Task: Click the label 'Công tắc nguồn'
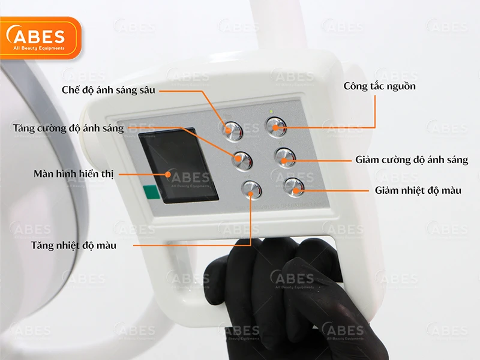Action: pyautogui.click(x=379, y=86)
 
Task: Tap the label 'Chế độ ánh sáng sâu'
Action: pyautogui.click(x=109, y=90)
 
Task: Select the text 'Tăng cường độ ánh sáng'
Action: pyautogui.click(x=68, y=128)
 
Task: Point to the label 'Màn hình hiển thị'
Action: pyautogui.click(x=73, y=174)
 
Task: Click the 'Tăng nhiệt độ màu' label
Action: pyautogui.click(x=74, y=245)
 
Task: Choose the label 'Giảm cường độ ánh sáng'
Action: pyautogui.click(x=412, y=160)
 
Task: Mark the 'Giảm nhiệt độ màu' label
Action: pyautogui.click(x=418, y=190)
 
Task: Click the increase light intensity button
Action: pyautogui.click(x=242, y=160)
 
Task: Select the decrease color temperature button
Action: pyautogui.click(x=294, y=187)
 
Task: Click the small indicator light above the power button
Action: pyautogui.click(x=271, y=112)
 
